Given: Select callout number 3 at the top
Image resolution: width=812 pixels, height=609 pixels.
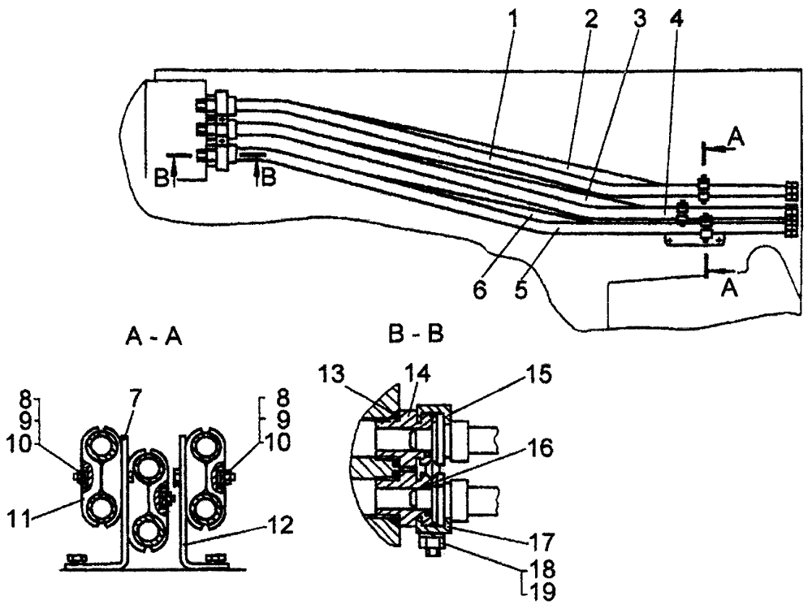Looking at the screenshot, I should coord(638,19).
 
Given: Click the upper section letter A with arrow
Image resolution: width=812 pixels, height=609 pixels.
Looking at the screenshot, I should coord(734,139).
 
